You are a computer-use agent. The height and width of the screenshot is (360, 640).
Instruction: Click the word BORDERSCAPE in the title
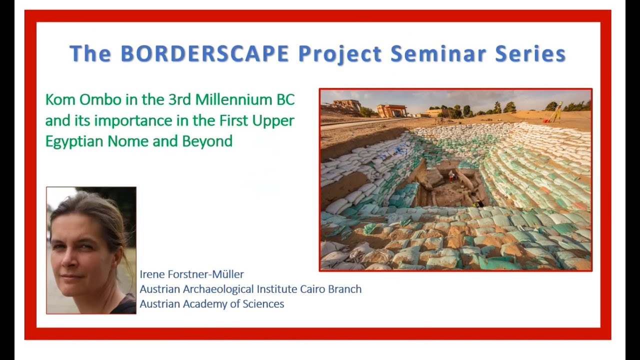[x=204, y=53]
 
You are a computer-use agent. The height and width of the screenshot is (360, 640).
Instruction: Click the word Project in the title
[x=340, y=53]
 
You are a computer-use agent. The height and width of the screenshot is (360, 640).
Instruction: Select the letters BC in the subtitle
[x=285, y=99]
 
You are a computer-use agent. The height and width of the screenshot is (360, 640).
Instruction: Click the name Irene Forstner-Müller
[x=191, y=274]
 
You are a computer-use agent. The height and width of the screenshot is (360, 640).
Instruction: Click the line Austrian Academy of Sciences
[x=211, y=303]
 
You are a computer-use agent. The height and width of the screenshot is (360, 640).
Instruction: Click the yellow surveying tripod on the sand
[x=555, y=112]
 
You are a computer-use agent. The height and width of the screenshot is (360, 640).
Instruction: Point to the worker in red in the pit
[x=452, y=174]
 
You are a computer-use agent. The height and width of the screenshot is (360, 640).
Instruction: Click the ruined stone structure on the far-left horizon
[x=346, y=105]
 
